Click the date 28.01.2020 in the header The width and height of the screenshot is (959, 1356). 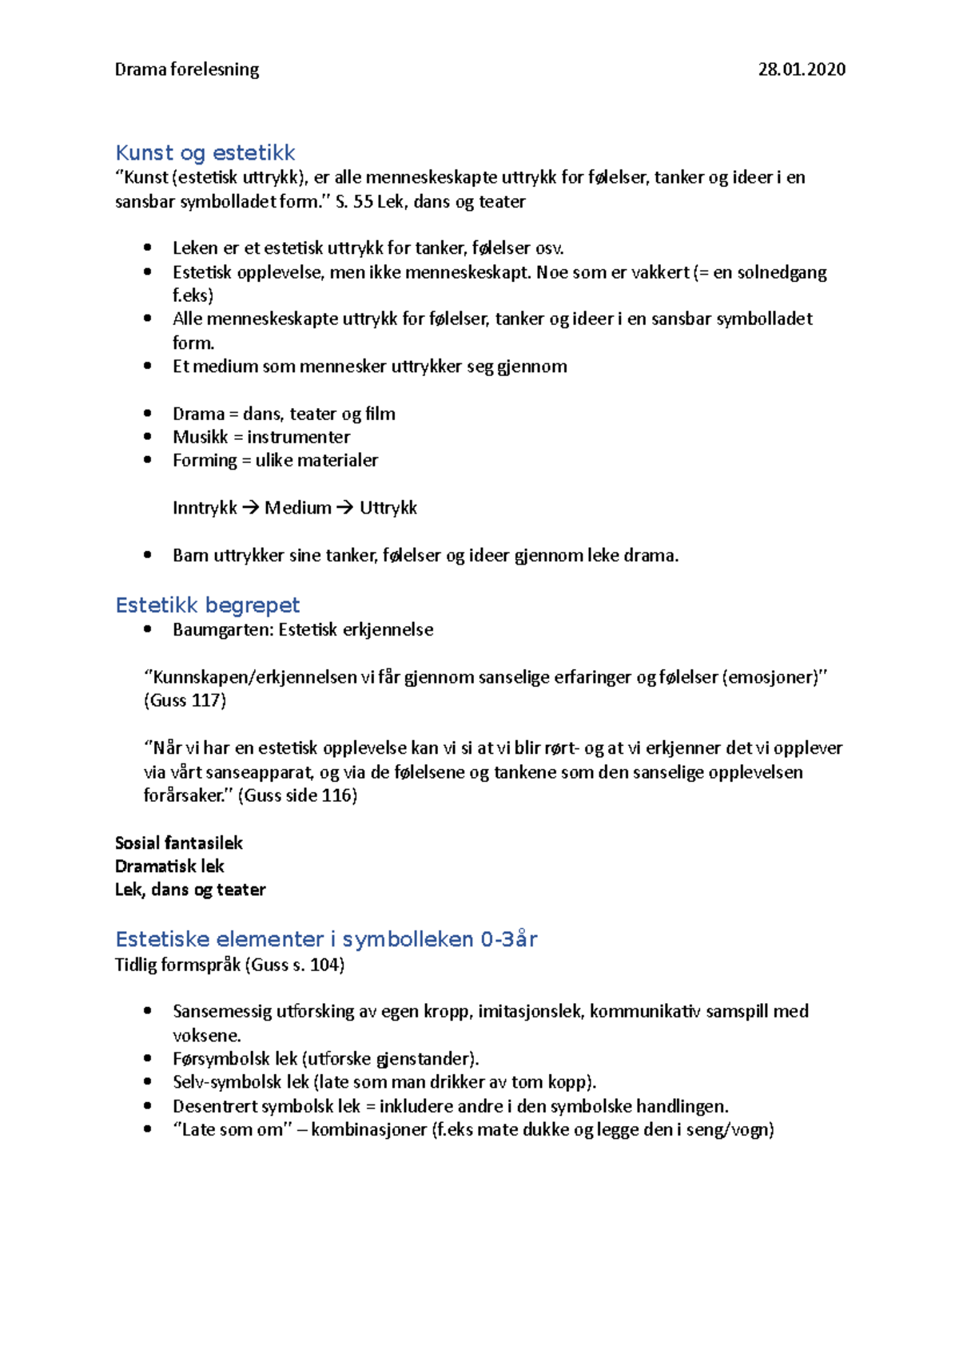coord(801,69)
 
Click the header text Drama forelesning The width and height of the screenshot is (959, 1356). coord(186,69)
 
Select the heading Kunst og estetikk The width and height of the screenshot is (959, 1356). coord(205,153)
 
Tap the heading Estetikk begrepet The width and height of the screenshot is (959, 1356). coord(208,605)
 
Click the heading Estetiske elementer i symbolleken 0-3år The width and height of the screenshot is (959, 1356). coord(326,939)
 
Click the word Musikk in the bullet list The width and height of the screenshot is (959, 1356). coord(200,437)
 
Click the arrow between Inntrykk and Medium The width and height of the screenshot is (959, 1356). coord(250,508)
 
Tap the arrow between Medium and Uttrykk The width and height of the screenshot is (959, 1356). coord(344,508)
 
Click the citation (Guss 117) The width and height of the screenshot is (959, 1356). coord(185,700)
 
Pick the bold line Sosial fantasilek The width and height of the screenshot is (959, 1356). coord(178,843)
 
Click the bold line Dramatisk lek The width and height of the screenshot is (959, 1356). coord(169,866)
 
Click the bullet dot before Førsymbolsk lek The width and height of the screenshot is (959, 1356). coord(148,1058)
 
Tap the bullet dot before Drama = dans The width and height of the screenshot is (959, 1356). coord(148,414)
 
